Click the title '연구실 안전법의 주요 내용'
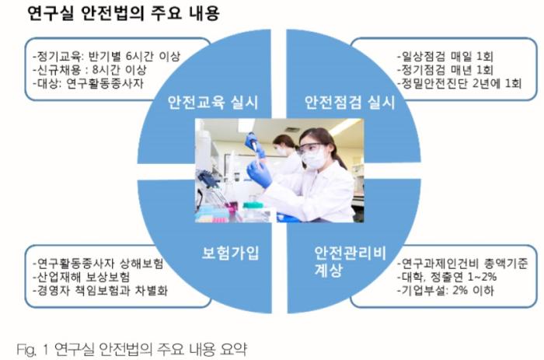pyautogui.click(x=123, y=14)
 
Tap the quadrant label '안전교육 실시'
pyautogui.click(x=213, y=103)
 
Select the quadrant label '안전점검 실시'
pyautogui.click(x=350, y=103)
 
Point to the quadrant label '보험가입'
pyautogui.click(x=230, y=253)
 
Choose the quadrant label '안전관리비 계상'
pyautogui.click(x=350, y=261)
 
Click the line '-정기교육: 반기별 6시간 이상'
pyautogui.click(x=106, y=56)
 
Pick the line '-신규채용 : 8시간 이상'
pyautogui.click(x=90, y=70)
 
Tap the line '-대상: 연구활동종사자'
pyautogui.click(x=88, y=83)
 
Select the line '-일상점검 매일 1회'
pyautogui.click(x=445, y=56)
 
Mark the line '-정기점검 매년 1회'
pyautogui.click(x=445, y=70)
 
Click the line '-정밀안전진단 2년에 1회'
pyautogui.click(x=459, y=83)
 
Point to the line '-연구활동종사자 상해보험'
pyautogui.click(x=98, y=264)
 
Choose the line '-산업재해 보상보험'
pyautogui.click(x=82, y=277)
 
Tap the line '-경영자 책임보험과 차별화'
pyautogui.click(x=100, y=291)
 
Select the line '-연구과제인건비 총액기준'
pyautogui.click(x=463, y=264)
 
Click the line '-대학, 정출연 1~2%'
pyautogui.click(x=447, y=277)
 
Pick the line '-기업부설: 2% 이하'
pyautogui.click(x=445, y=291)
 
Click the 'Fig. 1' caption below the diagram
pyautogui.click(x=132, y=349)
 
